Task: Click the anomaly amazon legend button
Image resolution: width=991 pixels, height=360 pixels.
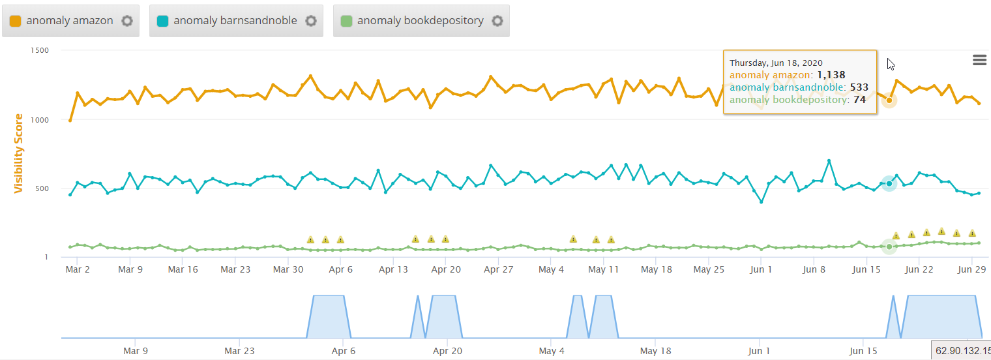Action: [x=63, y=21]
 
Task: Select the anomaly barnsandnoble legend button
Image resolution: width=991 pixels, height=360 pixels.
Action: [x=228, y=21]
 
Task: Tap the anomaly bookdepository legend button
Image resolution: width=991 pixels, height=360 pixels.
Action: [x=413, y=21]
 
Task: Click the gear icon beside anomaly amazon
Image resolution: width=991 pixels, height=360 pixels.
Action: [x=127, y=21]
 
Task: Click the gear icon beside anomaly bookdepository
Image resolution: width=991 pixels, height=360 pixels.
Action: [x=497, y=21]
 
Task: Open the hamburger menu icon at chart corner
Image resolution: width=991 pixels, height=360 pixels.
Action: [x=979, y=60]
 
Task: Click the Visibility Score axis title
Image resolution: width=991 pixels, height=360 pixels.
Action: [x=19, y=154]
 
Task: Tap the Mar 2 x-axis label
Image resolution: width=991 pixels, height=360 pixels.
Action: [x=78, y=269]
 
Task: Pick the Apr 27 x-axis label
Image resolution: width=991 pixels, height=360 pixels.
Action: [x=498, y=269]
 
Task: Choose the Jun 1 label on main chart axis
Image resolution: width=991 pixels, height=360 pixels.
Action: [x=761, y=269]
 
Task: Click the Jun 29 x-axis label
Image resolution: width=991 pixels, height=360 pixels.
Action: [x=971, y=269]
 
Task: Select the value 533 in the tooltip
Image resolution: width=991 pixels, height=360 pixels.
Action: [x=859, y=87]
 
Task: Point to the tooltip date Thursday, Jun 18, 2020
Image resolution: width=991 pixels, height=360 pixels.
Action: [x=776, y=63]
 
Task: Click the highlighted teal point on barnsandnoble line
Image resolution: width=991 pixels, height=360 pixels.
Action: [x=889, y=184]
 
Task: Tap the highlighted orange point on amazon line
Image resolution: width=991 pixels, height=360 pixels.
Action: [x=889, y=100]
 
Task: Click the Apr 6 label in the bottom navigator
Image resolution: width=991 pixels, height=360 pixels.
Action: [x=344, y=351]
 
